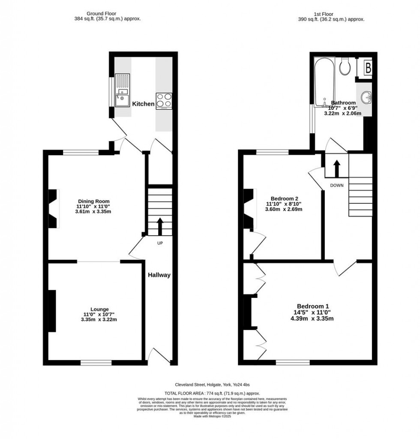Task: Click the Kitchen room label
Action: click(x=143, y=104)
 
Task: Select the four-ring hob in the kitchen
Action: click(x=164, y=101)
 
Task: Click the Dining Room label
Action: click(x=93, y=201)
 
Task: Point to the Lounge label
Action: click(x=99, y=309)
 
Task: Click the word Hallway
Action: click(x=159, y=275)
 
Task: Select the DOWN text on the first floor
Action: click(x=337, y=185)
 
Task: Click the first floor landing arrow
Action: click(x=336, y=168)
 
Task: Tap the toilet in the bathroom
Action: click(x=345, y=66)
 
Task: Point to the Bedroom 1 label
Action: click(x=313, y=306)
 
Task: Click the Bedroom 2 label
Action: click(x=282, y=198)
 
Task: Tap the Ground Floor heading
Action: click(x=101, y=13)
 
